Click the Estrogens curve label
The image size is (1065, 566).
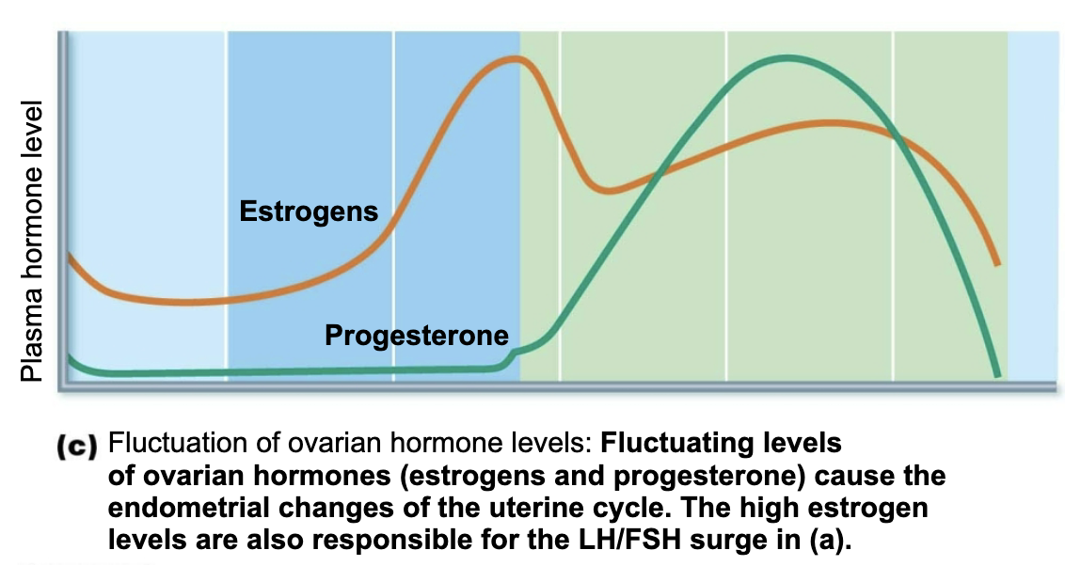point(309,211)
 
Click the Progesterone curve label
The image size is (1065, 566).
point(416,335)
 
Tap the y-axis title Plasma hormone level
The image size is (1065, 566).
point(35,242)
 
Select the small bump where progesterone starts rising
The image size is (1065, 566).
point(514,354)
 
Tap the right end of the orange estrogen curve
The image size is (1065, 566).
point(996,262)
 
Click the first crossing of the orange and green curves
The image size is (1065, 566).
point(659,172)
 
